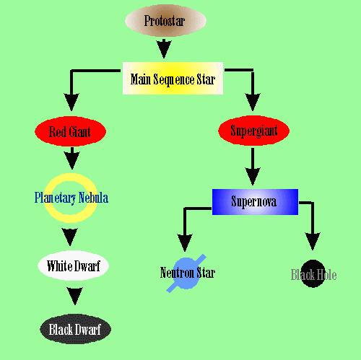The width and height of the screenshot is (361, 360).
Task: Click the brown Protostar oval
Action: pos(165,20)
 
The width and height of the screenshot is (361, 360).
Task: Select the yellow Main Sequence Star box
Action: pos(173,79)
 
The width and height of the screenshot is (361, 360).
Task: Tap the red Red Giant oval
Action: pos(70,131)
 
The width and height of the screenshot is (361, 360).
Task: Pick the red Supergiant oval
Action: pos(253,131)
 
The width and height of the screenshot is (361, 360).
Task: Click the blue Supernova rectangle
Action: pos(255,202)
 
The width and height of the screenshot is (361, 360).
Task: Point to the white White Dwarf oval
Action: pos(73,265)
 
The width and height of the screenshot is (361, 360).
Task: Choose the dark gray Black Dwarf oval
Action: pos(75,329)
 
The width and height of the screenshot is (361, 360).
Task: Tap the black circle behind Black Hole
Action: pos(313,273)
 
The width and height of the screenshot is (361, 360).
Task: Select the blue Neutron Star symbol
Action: pos(186,273)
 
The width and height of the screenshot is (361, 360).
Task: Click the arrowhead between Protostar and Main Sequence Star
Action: pos(164,49)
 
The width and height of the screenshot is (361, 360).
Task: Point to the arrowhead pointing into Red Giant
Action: pos(71,102)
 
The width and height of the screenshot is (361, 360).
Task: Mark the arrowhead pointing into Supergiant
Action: pos(253,102)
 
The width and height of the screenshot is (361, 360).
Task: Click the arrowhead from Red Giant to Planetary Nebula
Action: pos(72,161)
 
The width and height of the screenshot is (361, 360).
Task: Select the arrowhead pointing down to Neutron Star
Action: pos(185,242)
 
